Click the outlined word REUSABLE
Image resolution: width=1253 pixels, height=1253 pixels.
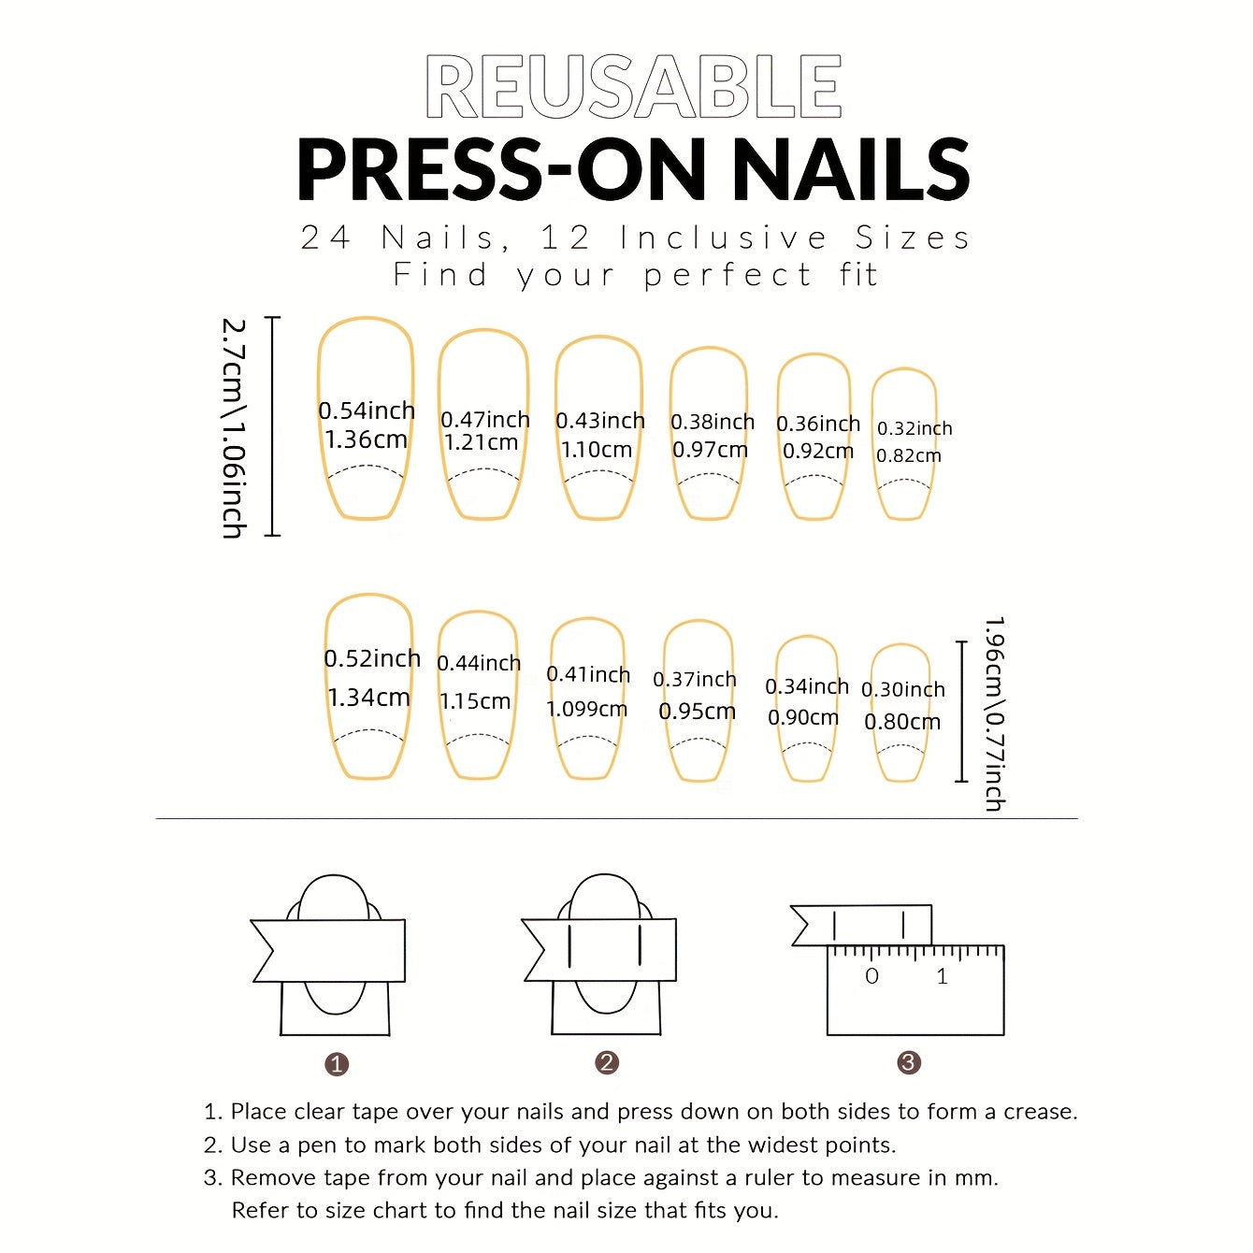tap(633, 86)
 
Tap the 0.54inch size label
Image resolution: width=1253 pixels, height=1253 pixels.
tap(366, 410)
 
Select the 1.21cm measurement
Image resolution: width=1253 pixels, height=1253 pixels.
tap(481, 442)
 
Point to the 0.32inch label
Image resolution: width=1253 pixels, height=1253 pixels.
tap(914, 428)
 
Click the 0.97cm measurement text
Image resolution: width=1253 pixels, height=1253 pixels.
tap(710, 450)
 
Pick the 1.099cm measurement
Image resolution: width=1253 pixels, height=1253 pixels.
tap(586, 709)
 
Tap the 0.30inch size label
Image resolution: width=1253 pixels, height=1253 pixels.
tap(902, 689)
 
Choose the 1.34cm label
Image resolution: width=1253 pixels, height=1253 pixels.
tap(368, 698)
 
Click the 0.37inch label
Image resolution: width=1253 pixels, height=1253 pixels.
tap(694, 680)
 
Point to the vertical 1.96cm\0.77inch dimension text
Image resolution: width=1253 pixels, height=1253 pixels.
tap(994, 713)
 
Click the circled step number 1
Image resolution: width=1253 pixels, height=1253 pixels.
tap(337, 1064)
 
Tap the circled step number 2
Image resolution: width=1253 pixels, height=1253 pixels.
tap(607, 1062)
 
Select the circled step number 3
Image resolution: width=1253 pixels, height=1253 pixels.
tap(908, 1062)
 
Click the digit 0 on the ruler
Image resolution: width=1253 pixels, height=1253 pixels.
tap(871, 977)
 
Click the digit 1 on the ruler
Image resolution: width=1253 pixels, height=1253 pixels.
tap(942, 977)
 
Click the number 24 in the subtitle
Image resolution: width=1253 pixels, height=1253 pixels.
tap(325, 238)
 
